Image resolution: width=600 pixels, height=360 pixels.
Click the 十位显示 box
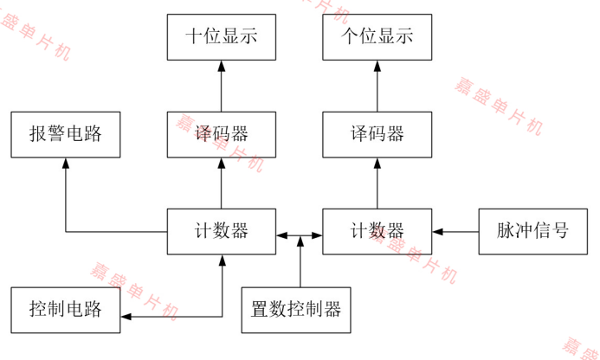coord(221,36)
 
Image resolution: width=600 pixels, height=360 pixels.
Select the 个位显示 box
coord(377,36)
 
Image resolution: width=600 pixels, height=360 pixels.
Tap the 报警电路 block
coord(65,134)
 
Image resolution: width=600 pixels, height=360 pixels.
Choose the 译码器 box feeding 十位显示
coord(221,134)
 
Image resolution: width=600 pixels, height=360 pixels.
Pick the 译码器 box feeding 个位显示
coord(377,134)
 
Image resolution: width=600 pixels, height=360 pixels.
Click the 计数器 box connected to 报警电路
coord(221,231)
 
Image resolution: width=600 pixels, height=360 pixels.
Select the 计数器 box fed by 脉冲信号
coord(377,231)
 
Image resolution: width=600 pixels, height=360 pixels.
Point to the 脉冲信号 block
coord(532,231)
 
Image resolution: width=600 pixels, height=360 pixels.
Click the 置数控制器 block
coord(296,309)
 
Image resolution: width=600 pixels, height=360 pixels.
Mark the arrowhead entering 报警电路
coord(66,164)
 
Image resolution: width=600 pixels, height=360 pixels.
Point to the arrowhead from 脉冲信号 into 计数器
coord(437,232)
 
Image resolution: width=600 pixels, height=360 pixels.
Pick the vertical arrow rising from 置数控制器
coord(300,264)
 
